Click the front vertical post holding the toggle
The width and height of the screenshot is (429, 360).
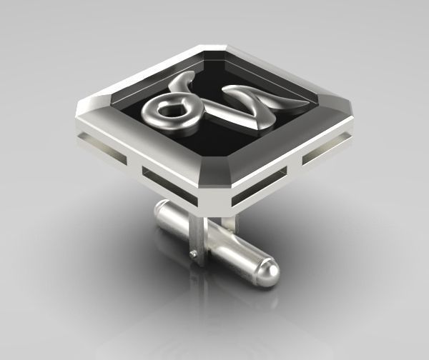[199, 239]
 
